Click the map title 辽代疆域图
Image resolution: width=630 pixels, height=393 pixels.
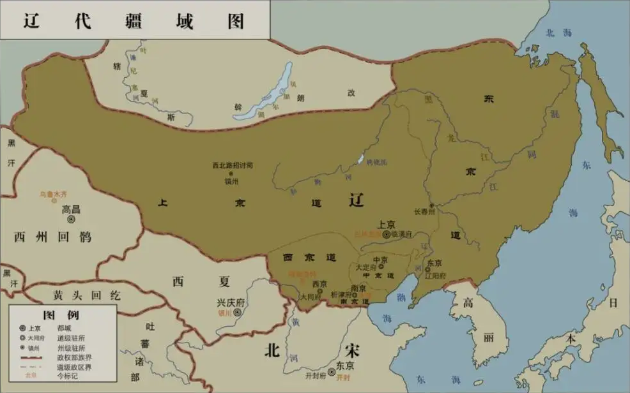pyautogui.click(x=134, y=20)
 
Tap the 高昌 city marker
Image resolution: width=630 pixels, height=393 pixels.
pyautogui.click(x=72, y=219)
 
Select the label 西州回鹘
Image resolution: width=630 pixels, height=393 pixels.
pyautogui.click(x=52, y=237)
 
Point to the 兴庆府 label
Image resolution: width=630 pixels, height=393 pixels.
pyautogui.click(x=230, y=302)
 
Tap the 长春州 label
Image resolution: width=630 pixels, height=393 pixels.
pyautogui.click(x=424, y=212)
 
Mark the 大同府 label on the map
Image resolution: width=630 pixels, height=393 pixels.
pyautogui.click(x=311, y=297)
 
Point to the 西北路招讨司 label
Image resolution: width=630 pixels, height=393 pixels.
pyautogui.click(x=233, y=165)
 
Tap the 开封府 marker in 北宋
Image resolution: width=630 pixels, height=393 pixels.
pyautogui.click(x=331, y=372)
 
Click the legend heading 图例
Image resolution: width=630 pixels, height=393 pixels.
pyautogui.click(x=61, y=315)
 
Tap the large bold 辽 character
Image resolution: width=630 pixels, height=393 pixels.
pyautogui.click(x=357, y=200)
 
